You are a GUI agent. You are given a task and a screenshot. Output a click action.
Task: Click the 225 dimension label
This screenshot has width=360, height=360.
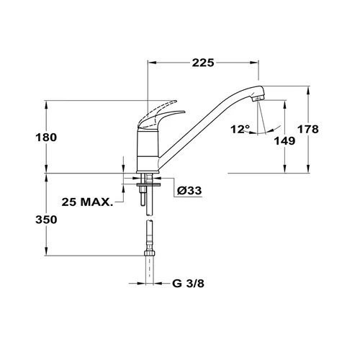coord(203,63)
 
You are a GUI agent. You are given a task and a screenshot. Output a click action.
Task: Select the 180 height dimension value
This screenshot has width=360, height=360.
coord(46,138)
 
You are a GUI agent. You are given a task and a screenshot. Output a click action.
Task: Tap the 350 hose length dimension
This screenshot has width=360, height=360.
coord(46,220)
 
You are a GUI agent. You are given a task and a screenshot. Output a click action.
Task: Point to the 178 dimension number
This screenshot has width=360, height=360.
coord(308,130)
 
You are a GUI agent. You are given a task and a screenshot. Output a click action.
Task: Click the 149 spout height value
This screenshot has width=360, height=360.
coord(284,141)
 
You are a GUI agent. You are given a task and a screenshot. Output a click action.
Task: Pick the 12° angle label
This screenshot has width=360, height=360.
coord(240,130)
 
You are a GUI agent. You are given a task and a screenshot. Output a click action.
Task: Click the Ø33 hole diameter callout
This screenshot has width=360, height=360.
coord(189,191)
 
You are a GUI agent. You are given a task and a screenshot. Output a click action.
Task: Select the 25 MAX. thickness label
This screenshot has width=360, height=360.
coord(87,202)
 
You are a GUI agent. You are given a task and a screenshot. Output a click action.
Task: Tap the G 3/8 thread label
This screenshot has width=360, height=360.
coord(188,284)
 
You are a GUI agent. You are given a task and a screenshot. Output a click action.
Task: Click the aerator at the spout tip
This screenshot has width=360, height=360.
coord(258,98)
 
